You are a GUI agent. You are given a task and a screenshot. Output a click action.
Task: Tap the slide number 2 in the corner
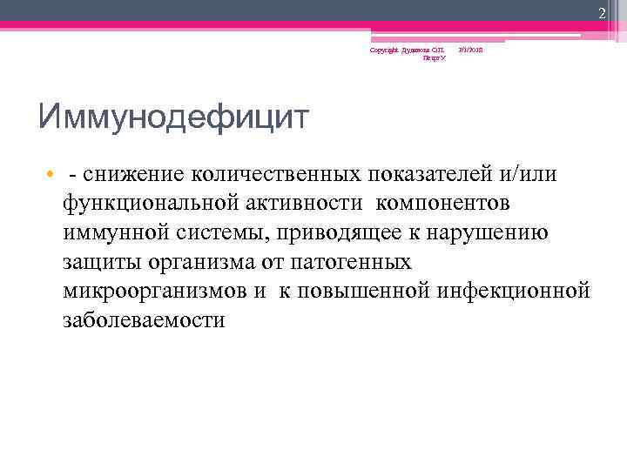coord(601,11)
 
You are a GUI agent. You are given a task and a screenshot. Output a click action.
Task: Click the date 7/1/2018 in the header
coord(470,51)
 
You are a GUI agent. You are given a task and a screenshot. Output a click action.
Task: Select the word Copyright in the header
coord(382,51)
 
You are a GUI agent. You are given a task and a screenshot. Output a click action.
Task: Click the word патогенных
coord(351,261)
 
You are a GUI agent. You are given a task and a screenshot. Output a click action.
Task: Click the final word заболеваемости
coord(144,319)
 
